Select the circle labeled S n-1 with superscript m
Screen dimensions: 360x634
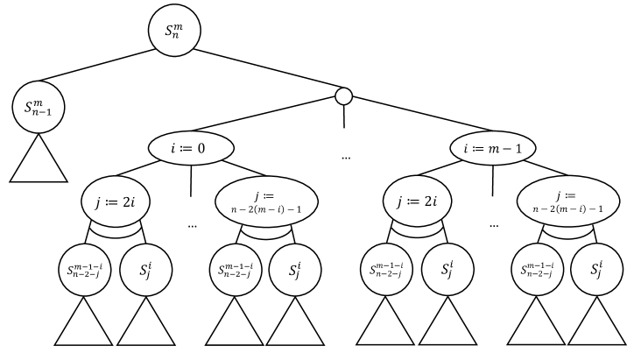click(39, 109)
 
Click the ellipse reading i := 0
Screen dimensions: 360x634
click(190, 149)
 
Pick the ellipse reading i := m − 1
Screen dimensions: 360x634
click(492, 149)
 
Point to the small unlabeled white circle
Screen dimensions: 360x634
click(344, 95)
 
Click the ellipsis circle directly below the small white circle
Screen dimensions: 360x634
click(344, 156)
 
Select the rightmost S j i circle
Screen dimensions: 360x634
click(598, 269)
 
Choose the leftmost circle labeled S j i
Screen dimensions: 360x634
click(146, 269)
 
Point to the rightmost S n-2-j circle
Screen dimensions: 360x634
click(536, 269)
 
